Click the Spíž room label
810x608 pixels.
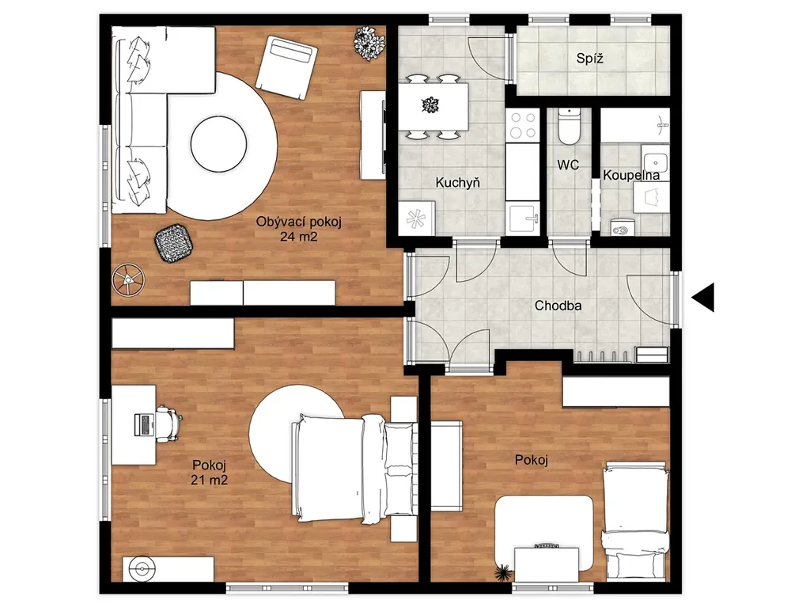click(x=589, y=59)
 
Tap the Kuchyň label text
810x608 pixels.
click(x=458, y=182)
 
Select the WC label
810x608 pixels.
click(x=568, y=165)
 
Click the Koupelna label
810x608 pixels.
click(x=631, y=175)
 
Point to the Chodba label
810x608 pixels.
click(x=558, y=306)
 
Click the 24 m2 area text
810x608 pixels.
click(x=298, y=237)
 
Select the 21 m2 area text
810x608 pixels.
click(x=209, y=480)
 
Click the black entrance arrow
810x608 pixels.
click(x=703, y=298)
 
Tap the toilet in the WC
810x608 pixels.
click(x=568, y=127)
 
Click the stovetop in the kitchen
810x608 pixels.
click(x=522, y=125)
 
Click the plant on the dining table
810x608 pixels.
click(x=430, y=105)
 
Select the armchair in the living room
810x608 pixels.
click(x=286, y=66)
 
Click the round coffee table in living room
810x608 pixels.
click(x=218, y=144)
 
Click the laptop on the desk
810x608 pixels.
click(x=144, y=424)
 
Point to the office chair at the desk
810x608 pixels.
click(x=168, y=424)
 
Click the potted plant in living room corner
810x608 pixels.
click(x=369, y=43)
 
